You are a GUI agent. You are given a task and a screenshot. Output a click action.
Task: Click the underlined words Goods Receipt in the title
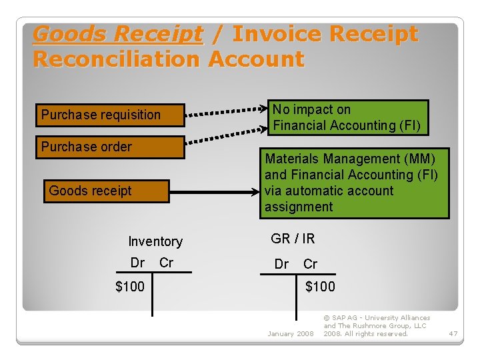[117, 34]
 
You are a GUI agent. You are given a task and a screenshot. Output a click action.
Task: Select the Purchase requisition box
[111, 115]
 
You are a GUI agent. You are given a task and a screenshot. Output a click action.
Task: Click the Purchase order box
[111, 147]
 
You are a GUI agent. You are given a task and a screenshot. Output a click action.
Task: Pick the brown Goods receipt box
[107, 191]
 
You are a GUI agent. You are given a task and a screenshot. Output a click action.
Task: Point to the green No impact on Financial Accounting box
[348, 118]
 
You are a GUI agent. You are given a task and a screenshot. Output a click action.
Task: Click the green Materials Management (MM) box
[353, 183]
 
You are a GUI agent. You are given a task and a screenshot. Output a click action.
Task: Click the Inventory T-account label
[155, 241]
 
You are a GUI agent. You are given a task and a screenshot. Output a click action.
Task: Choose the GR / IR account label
[293, 239]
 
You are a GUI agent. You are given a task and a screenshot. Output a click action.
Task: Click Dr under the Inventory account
[137, 263]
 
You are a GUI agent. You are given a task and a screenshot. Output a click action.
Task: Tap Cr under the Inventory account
[166, 263]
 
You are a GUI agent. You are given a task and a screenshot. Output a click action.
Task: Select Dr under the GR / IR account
[282, 264]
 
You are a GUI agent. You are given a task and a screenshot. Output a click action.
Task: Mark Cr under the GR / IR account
[311, 264]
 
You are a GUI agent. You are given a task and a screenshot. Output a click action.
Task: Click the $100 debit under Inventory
[129, 287]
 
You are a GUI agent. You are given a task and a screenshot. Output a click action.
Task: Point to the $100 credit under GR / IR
[320, 287]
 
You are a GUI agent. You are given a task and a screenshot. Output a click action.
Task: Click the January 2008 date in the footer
[290, 333]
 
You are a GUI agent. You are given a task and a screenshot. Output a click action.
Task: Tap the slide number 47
[453, 333]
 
